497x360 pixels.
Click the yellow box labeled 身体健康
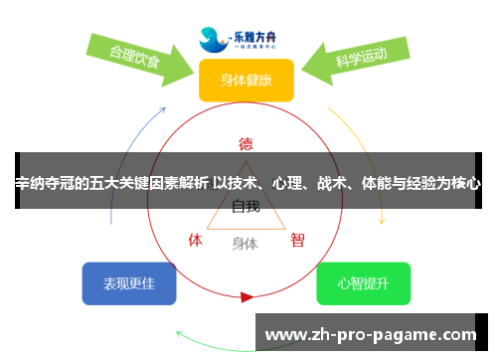(x=246, y=81)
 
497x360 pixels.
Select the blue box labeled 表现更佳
(x=129, y=283)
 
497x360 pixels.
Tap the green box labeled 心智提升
(x=363, y=283)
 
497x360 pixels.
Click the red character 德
(x=247, y=142)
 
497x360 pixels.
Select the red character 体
(x=196, y=240)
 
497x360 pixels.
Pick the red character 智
(x=297, y=240)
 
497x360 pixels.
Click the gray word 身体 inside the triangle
(x=245, y=242)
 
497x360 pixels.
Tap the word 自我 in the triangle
(x=246, y=207)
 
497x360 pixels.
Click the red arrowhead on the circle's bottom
(x=247, y=296)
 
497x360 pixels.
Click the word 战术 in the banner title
(x=336, y=183)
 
